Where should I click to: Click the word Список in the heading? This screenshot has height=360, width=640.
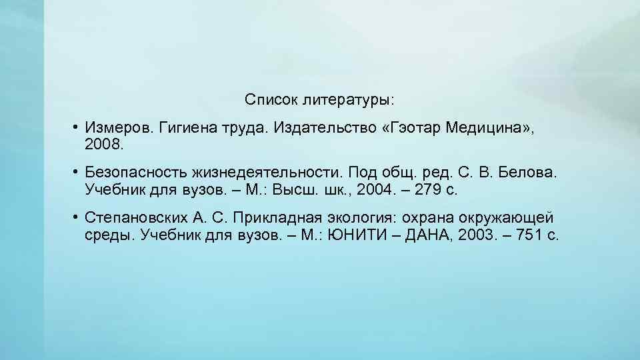pyautogui.click(x=270, y=100)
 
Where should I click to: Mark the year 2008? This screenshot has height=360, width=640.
pyautogui.click(x=101, y=143)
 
